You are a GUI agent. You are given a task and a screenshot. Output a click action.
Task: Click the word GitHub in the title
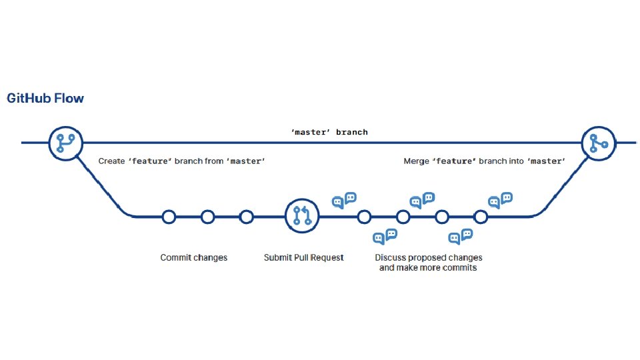27,99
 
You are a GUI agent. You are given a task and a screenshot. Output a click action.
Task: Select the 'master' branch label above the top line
329,132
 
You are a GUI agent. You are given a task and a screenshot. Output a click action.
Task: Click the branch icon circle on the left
65,143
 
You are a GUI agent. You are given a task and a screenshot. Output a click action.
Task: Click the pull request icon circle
302,216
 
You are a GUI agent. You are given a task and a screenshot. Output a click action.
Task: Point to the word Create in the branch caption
111,161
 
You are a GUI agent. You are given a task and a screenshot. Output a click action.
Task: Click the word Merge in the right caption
417,161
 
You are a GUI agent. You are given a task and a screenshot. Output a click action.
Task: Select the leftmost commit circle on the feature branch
169,217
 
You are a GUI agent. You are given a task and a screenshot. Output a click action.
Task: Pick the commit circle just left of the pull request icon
247,217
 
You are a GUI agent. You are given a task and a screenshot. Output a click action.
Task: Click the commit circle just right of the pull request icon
364,217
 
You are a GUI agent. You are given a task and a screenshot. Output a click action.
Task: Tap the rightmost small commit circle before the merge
481,217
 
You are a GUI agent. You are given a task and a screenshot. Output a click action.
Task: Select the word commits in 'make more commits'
460,267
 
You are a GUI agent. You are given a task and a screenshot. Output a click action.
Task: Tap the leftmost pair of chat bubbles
345,200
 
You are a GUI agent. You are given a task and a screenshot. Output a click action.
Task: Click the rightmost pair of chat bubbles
500,200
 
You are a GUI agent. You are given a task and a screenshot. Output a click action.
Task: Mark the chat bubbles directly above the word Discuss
385,236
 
